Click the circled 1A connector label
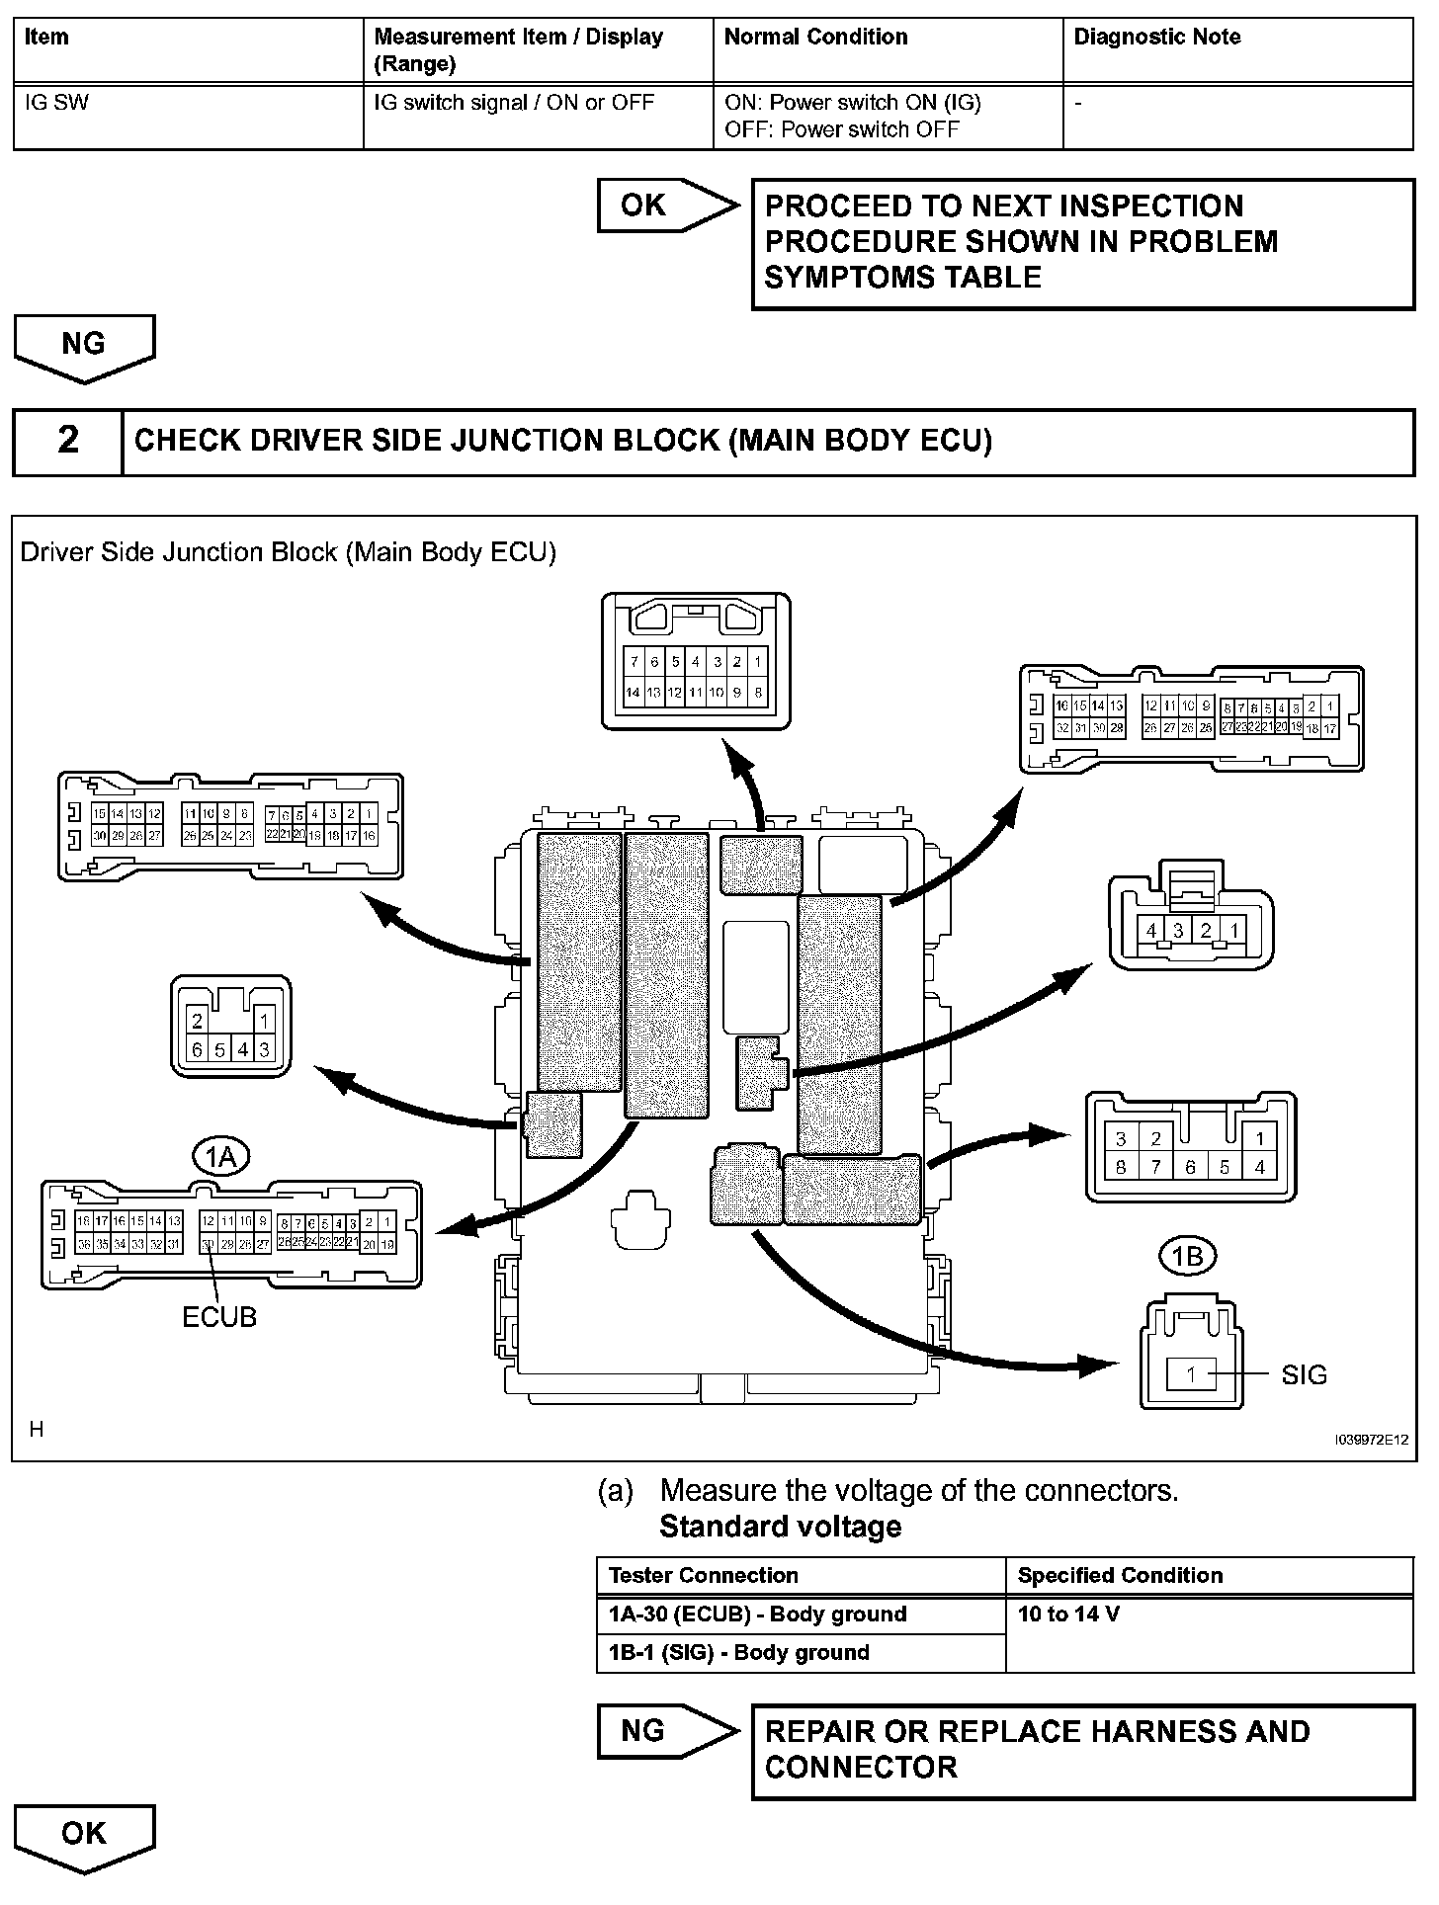pos(220,1155)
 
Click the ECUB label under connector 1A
pos(219,1317)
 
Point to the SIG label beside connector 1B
pos(1304,1374)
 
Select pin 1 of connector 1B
pos(1191,1374)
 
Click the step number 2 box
pos(68,440)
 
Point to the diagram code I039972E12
pos(1371,1440)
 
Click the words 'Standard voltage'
pos(780,1527)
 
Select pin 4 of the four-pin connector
pos(1150,931)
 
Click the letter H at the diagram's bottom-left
pos(37,1429)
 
